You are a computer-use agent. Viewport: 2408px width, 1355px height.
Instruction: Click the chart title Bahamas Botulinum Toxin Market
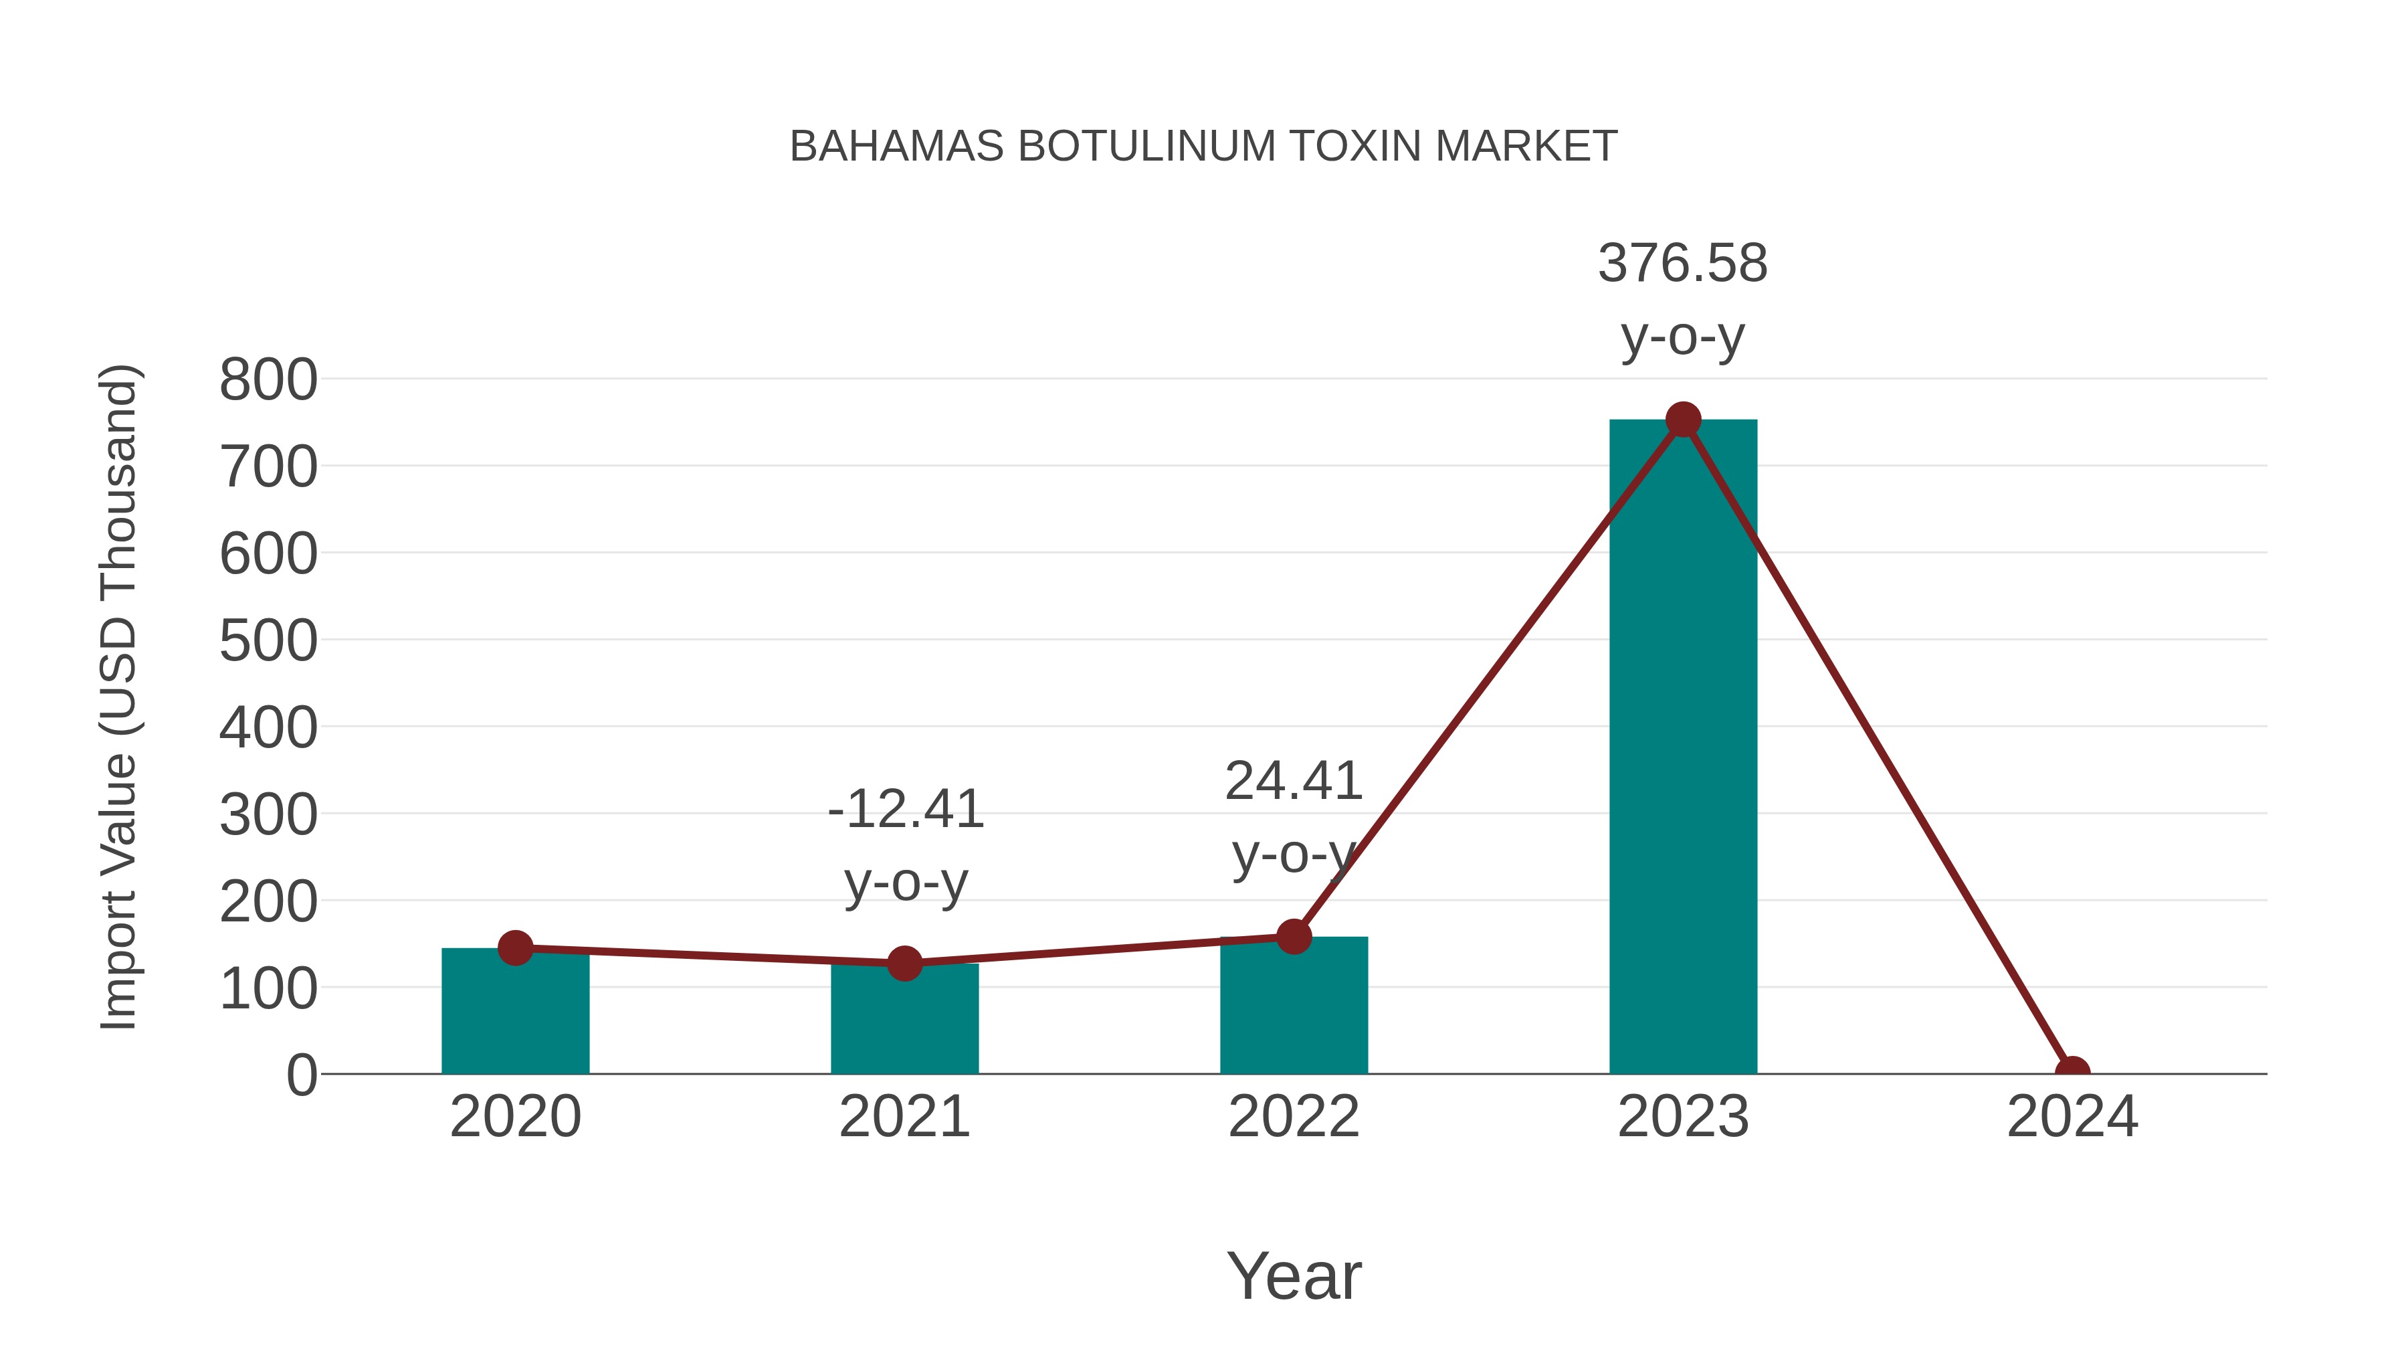click(x=1203, y=146)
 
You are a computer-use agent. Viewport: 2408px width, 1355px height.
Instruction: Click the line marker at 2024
click(x=2072, y=1072)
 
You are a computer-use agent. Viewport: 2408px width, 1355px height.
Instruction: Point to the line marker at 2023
click(x=1683, y=420)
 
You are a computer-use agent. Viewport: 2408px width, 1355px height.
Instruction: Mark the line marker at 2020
click(x=515, y=948)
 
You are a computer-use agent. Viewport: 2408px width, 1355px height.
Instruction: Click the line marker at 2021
click(x=904, y=963)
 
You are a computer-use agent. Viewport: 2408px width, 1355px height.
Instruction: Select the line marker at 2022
click(x=1294, y=936)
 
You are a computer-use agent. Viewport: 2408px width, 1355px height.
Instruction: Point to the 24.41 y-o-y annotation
click(x=1294, y=816)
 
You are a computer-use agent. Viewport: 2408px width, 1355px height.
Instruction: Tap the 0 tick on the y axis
click(x=301, y=1075)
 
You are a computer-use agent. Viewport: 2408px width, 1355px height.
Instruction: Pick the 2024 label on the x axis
click(x=2072, y=1117)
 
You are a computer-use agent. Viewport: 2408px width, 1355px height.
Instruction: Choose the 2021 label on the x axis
click(x=904, y=1117)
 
